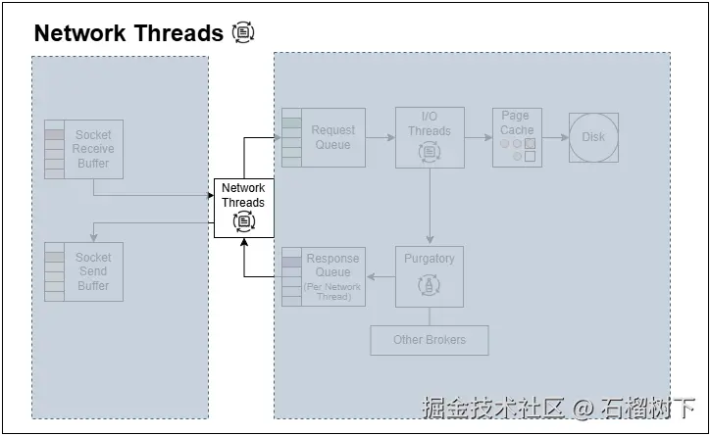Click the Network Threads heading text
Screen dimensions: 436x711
click(x=128, y=33)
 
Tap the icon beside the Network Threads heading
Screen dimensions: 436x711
click(x=243, y=32)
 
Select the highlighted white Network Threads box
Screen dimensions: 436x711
click(x=243, y=207)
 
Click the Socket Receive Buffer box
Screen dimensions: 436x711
click(x=84, y=149)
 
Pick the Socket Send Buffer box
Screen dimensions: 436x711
click(x=84, y=271)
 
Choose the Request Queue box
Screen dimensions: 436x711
click(x=324, y=137)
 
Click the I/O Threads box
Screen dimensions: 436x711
click(x=430, y=137)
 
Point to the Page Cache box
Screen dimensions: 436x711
click(x=517, y=136)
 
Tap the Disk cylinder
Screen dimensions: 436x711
click(x=593, y=137)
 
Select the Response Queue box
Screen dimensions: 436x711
click(x=324, y=276)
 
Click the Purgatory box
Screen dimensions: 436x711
click(x=430, y=276)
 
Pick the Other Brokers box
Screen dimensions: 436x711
click(x=430, y=340)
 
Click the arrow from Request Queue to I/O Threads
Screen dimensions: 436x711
click(x=381, y=137)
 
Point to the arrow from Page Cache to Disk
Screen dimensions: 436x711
click(x=555, y=137)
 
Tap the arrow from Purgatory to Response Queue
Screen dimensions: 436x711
click(x=381, y=276)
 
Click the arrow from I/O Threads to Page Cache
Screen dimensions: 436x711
click(x=478, y=137)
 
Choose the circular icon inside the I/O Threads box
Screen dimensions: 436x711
click(x=430, y=151)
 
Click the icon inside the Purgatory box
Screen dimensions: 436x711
click(x=430, y=285)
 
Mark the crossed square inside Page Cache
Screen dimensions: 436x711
click(x=530, y=143)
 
